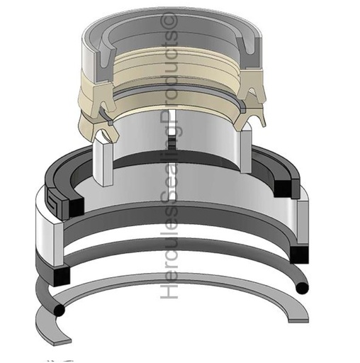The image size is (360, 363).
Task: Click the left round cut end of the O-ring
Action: point(59,309)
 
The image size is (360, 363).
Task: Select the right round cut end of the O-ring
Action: point(302,288)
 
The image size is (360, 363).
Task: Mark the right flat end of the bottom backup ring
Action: point(298,320)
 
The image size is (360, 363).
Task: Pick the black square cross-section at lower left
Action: point(62,276)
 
